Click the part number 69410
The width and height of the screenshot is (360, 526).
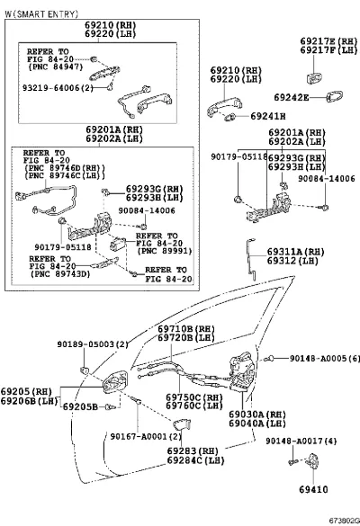[313, 489]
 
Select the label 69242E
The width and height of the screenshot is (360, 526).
[292, 98]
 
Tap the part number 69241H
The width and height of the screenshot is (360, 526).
[268, 116]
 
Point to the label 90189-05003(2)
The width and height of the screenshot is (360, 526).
[93, 344]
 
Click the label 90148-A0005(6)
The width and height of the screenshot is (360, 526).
[324, 358]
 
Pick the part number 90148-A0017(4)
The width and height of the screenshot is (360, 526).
[301, 441]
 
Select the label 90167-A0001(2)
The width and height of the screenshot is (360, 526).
[146, 436]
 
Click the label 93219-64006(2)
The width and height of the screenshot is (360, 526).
[58, 88]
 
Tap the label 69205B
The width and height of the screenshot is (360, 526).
[81, 406]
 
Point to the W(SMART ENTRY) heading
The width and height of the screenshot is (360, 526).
[41, 13]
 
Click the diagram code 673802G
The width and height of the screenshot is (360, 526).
[344, 521]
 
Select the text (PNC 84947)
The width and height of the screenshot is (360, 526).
[56, 67]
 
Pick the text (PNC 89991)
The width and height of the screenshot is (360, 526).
[164, 251]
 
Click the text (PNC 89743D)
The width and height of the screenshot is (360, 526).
[60, 274]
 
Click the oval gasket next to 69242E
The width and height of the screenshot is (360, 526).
[335, 96]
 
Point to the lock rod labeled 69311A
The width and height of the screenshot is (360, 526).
[251, 258]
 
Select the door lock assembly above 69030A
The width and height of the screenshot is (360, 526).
[242, 371]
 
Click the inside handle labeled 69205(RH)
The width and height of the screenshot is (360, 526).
[115, 382]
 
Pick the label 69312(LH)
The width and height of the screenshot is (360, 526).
[292, 261]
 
